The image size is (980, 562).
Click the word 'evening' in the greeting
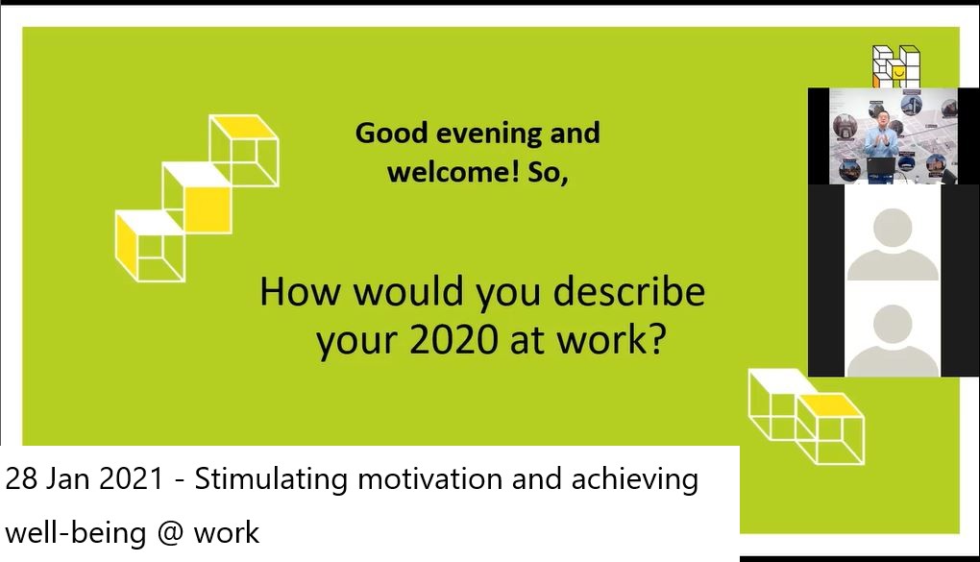coord(489,134)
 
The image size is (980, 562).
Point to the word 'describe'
coord(628,292)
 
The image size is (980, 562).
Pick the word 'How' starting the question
coord(300,292)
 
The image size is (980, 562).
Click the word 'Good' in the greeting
coord(391,134)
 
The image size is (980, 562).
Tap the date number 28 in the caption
coord(20,478)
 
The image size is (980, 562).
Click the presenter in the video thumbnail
coord(881,134)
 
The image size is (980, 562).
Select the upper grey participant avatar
coord(893,244)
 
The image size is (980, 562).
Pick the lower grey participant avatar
coord(893,340)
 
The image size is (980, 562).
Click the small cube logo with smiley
coord(895,66)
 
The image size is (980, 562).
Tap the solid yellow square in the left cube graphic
coord(208,209)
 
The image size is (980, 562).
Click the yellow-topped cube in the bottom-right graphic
coord(830,428)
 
